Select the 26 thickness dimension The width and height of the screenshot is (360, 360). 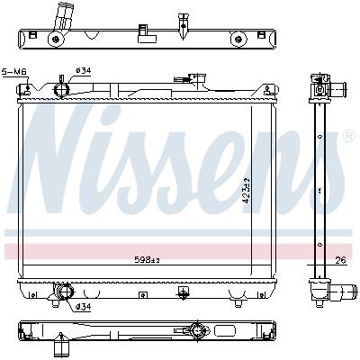tap(339, 262)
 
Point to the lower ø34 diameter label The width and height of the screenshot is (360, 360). tap(83, 307)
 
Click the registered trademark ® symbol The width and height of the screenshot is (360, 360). tap(348, 136)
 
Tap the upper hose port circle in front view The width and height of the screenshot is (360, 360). tap(62, 89)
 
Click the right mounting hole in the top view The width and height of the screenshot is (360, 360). tap(238, 39)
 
